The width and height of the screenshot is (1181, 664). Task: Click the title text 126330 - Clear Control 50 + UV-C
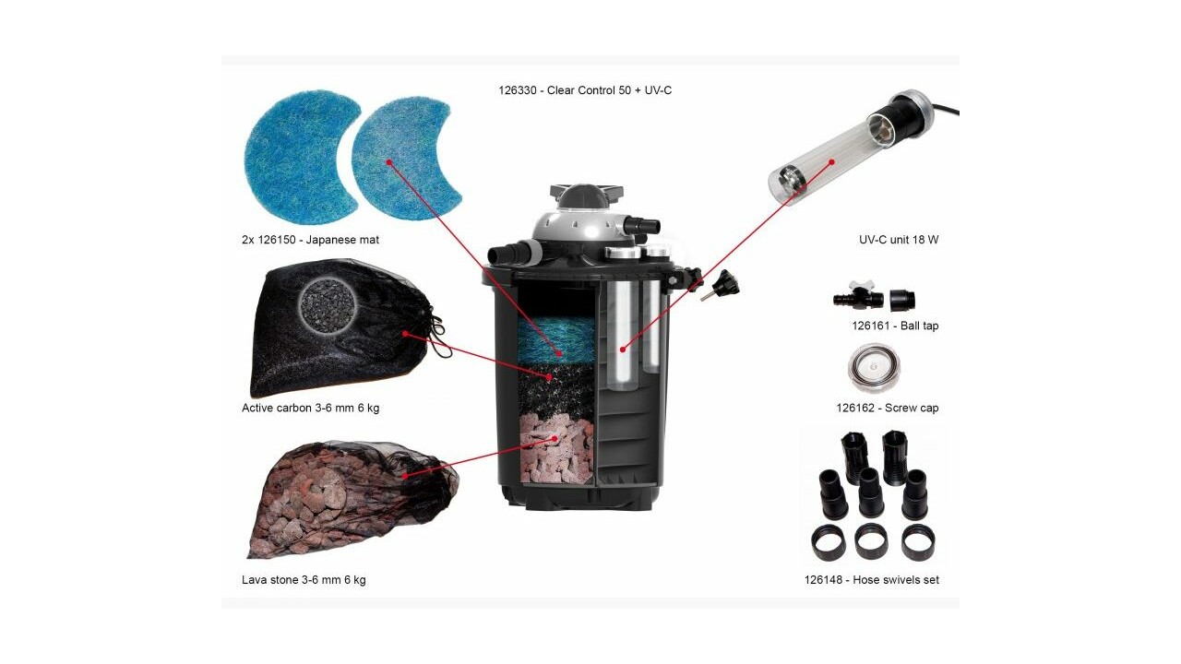coord(585,90)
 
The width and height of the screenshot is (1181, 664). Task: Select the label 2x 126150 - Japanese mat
coord(310,240)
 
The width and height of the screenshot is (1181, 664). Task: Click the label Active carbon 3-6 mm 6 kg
coord(310,408)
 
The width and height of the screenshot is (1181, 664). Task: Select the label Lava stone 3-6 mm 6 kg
coord(304,580)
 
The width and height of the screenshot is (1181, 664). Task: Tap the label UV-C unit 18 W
coord(899,240)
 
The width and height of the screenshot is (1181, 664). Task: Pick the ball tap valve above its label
coord(858,298)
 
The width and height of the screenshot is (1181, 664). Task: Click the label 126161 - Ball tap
coord(895,326)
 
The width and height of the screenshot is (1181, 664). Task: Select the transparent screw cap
coord(874,368)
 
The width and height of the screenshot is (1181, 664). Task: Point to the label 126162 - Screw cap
coord(888,408)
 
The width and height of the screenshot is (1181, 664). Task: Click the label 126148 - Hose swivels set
coord(872,580)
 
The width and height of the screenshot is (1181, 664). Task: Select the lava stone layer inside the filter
coord(556,449)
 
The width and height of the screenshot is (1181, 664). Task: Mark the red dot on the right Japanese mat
coord(389,162)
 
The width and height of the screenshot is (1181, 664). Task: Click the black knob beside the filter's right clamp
coord(723,285)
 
